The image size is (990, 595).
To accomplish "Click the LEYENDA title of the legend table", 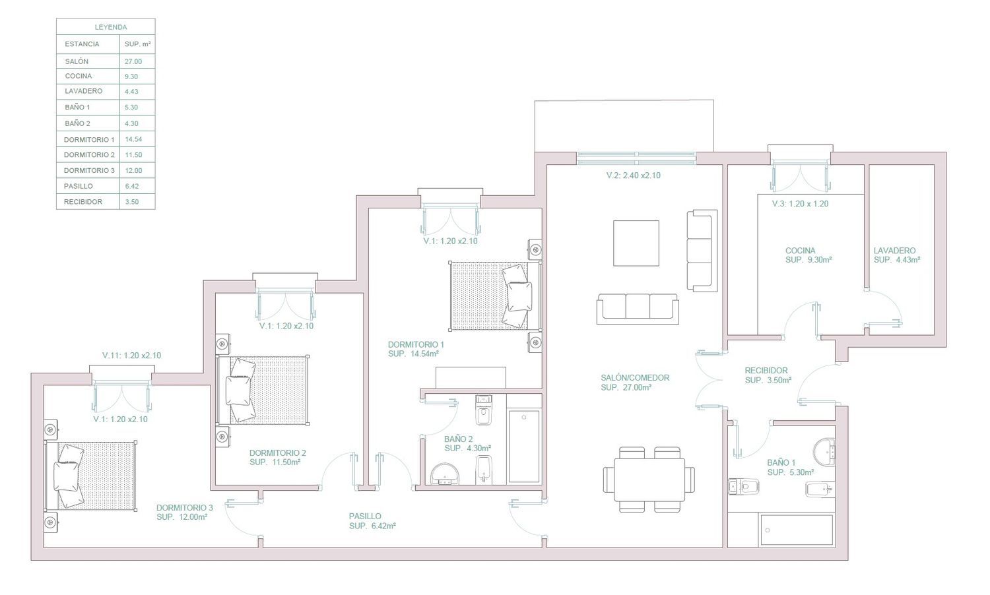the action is tap(111, 28).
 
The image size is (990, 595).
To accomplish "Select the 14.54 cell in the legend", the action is tap(133, 139).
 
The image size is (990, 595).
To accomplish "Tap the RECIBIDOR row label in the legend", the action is tap(83, 202).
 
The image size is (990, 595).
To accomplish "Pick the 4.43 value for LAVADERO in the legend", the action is tap(131, 92).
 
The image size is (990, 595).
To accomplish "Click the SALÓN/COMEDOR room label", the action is tap(635, 378).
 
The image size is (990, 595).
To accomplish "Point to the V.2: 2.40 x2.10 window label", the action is tap(634, 175).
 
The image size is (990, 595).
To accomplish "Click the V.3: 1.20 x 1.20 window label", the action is tap(800, 204).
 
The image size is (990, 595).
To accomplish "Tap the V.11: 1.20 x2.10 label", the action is tap(132, 355).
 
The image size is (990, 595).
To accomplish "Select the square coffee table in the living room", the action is tap(636, 243).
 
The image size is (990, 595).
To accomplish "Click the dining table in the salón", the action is tap(649, 480).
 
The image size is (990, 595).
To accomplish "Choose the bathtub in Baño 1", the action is tap(797, 530).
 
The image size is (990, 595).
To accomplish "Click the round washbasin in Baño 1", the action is tap(824, 451).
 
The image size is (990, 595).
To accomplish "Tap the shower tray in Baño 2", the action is tap(524, 447).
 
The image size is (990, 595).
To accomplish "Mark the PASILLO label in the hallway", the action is tap(365, 516).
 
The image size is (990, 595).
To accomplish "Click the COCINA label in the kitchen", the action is tap(801, 251).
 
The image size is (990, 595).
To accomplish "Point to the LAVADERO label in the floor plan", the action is tap(894, 251).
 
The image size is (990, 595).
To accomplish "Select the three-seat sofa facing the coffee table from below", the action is tap(638, 309).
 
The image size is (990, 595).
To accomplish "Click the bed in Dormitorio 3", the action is tap(90, 476).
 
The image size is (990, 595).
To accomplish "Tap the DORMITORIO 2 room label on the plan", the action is tap(278, 453).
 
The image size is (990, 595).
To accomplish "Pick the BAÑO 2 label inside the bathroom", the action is tap(458, 439).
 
